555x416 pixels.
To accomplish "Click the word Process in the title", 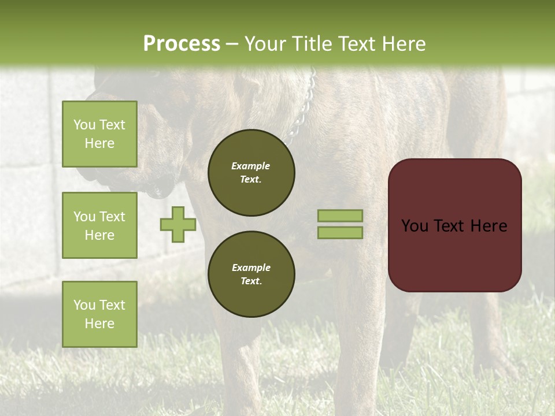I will click(182, 44).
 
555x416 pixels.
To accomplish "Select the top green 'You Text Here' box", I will click(99, 134).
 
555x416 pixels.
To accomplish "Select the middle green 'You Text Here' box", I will click(99, 225).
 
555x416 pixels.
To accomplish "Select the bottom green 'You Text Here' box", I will click(99, 314).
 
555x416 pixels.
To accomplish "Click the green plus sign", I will click(178, 224).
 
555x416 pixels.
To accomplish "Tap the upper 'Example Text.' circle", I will click(251, 173).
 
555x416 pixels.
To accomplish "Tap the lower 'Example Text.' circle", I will click(251, 274).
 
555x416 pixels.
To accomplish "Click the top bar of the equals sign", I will click(340, 216).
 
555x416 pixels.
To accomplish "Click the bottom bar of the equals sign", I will click(340, 232).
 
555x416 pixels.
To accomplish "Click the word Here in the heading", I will click(404, 44).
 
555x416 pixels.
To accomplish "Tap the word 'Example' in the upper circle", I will click(251, 166).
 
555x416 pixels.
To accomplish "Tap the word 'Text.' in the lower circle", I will click(251, 281).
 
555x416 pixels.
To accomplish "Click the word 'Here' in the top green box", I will click(99, 143).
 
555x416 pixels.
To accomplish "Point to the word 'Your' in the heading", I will click(265, 44).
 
